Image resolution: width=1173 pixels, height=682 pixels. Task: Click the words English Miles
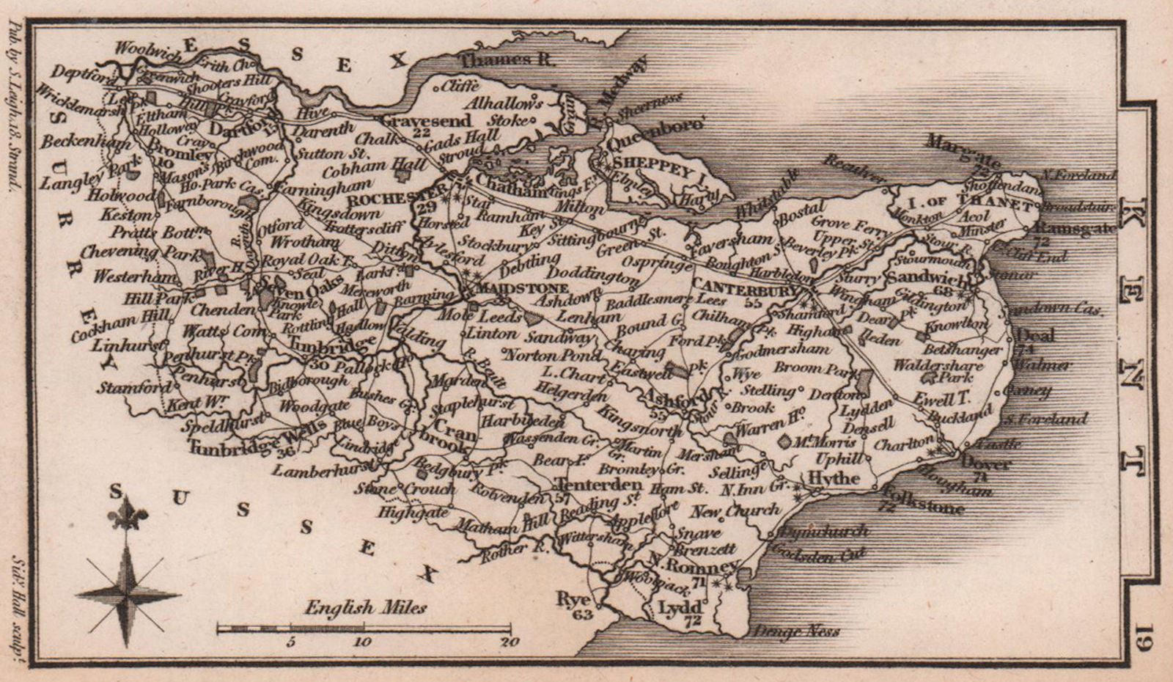(x=365, y=607)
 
